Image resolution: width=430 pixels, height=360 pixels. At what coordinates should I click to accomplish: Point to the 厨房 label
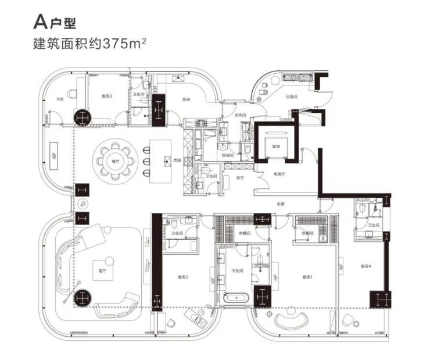[186, 99]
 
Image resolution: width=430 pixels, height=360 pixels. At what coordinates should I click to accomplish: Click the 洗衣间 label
[241, 115]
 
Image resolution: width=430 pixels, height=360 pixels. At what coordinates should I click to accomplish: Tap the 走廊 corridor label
[282, 204]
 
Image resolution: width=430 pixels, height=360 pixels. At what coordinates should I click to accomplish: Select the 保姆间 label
[227, 155]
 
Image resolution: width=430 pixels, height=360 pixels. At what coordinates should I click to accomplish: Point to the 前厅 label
[238, 179]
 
